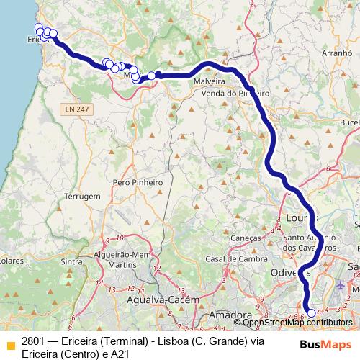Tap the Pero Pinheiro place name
point(137,183)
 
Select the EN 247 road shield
point(75,109)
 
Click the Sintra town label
point(71,261)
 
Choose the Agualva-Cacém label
point(156,300)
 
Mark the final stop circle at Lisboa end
point(312,312)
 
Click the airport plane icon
point(340,286)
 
